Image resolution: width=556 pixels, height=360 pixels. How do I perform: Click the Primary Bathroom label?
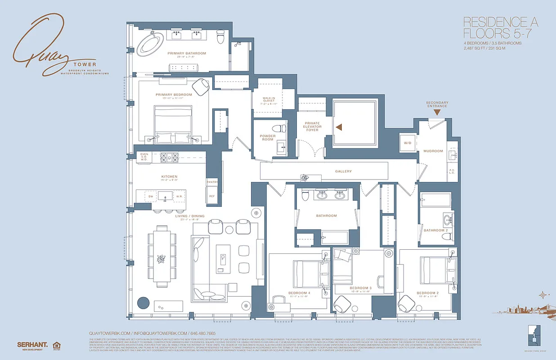point(187,54)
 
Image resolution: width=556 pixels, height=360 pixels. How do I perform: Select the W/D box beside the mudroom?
point(408,143)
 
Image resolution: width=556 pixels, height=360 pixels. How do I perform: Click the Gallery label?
point(343,171)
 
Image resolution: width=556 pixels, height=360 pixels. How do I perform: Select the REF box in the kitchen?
point(212,196)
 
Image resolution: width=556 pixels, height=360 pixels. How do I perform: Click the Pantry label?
point(212,182)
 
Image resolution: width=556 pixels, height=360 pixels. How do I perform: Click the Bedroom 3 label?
point(361,288)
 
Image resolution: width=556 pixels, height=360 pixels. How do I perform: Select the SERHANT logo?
point(32,345)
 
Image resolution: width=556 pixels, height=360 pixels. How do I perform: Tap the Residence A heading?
point(501,22)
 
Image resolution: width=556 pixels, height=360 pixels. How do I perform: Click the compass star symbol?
point(544,295)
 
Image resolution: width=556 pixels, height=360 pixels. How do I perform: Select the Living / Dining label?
point(190,216)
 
